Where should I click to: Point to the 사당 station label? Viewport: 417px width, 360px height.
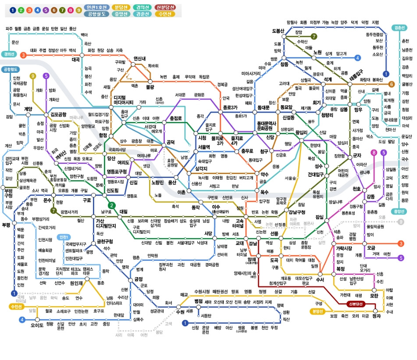(x=208, y=233)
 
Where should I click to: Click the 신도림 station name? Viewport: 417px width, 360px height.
(x=113, y=191)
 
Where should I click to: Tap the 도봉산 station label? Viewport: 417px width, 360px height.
(x=278, y=31)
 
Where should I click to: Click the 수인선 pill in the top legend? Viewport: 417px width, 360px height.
(x=166, y=14)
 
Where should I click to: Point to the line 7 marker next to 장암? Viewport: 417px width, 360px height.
(x=314, y=36)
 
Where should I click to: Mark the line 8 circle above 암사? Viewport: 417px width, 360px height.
(x=374, y=153)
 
